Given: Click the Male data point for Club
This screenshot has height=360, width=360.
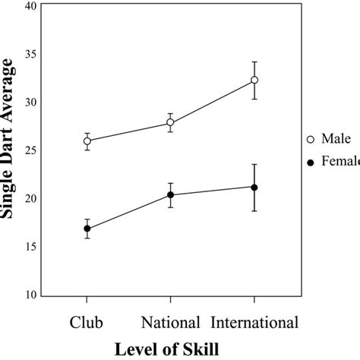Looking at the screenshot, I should [87, 141].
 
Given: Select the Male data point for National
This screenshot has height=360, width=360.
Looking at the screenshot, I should [170, 122].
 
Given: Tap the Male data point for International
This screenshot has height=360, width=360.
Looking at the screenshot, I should [254, 80].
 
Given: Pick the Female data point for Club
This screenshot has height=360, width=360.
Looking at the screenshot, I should [87, 229].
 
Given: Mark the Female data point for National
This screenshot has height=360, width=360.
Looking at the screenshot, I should [170, 195].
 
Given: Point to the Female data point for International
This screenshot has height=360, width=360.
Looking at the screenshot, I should [254, 188].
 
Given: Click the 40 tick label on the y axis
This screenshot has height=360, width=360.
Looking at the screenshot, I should [31, 6].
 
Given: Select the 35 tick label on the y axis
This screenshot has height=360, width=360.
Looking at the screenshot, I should [31, 55].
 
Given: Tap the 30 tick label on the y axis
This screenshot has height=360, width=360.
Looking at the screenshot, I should [31, 103].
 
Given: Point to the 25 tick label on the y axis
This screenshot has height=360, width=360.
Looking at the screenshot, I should [31, 150].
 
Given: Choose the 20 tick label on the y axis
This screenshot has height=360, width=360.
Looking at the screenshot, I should [31, 198].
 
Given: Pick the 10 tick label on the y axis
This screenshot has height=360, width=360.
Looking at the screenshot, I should [31, 295].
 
